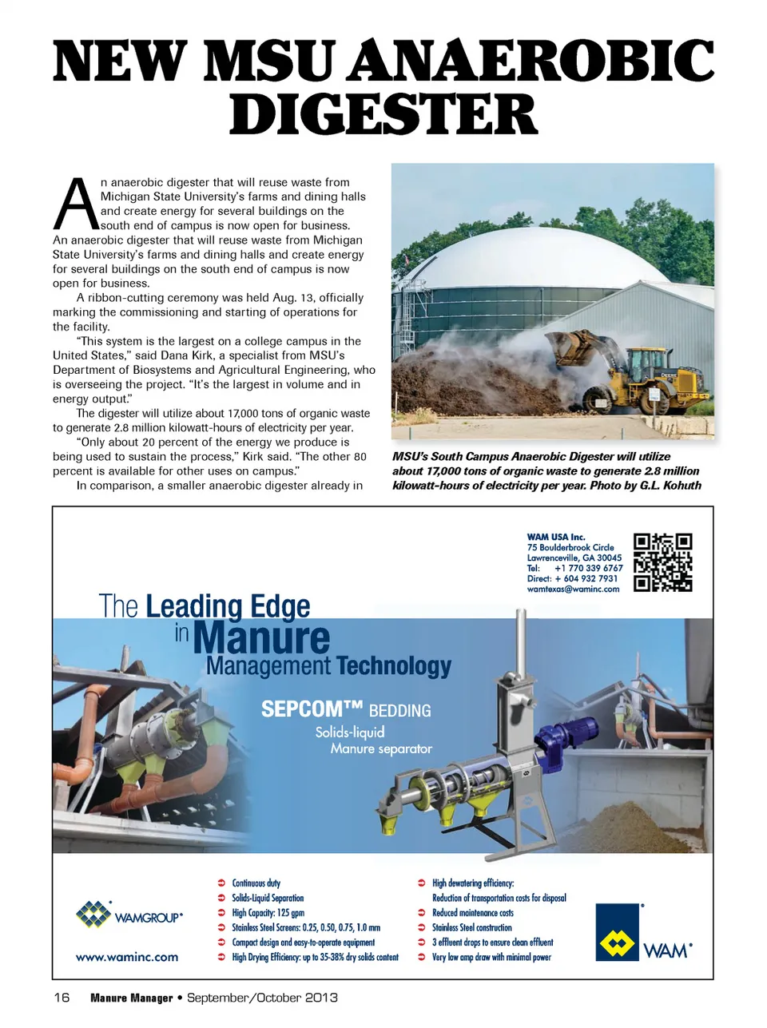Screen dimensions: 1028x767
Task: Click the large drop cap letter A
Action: (x=75, y=204)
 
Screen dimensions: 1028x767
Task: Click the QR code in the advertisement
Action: (x=662, y=562)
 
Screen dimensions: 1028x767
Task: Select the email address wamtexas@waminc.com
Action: (x=573, y=589)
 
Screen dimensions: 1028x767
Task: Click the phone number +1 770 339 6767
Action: (x=588, y=568)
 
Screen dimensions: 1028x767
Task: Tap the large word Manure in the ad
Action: (x=261, y=638)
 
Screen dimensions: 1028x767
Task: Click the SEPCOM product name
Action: (x=312, y=709)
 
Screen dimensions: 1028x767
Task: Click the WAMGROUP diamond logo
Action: (x=93, y=915)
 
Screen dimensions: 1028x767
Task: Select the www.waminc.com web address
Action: (x=127, y=957)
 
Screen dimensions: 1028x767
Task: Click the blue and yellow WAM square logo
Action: (x=617, y=933)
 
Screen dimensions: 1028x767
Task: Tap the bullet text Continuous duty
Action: (x=256, y=883)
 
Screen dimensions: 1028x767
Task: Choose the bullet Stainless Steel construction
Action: (x=471, y=927)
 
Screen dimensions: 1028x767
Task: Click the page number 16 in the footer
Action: (x=62, y=998)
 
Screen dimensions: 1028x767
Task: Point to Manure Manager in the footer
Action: (x=131, y=998)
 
